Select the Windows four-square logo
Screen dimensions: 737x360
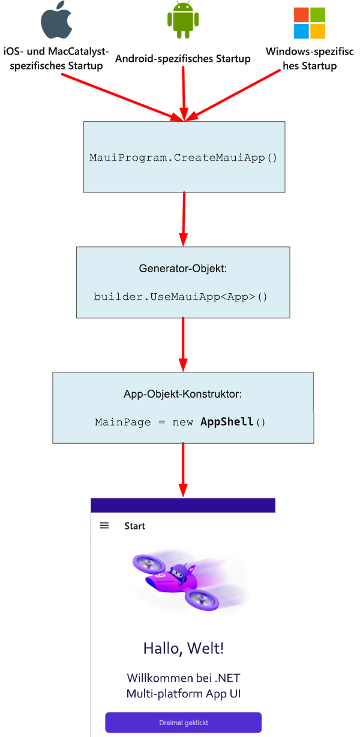click(x=309, y=23)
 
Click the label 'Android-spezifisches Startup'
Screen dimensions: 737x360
click(x=182, y=59)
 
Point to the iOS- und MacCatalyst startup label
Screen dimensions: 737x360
click(x=57, y=59)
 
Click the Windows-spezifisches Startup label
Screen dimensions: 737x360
click(x=310, y=59)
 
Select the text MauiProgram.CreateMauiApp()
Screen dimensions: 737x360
click(x=184, y=158)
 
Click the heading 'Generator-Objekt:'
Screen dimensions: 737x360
click(x=183, y=269)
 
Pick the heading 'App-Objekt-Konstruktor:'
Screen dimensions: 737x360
click(x=182, y=395)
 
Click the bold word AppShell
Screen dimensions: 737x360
click(x=227, y=422)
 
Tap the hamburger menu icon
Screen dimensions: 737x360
click(x=104, y=526)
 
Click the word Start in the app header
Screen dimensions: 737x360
click(x=134, y=526)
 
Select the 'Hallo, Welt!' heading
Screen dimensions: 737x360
click(x=184, y=648)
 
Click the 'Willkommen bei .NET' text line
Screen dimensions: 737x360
click(x=184, y=678)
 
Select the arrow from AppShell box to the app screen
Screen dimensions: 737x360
click(x=183, y=468)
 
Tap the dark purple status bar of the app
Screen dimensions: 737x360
click(x=183, y=505)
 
